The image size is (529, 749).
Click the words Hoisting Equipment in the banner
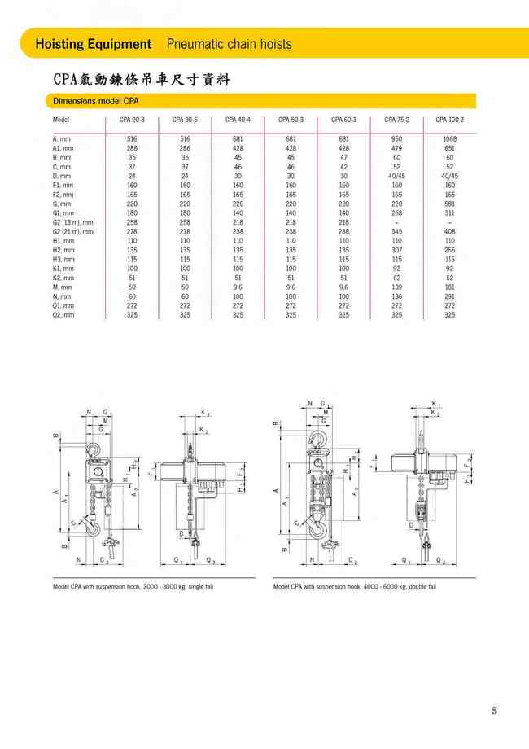pyautogui.click(x=94, y=44)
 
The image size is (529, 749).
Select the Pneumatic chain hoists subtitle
pyautogui.click(x=229, y=44)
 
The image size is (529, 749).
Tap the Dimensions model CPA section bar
pyautogui.click(x=96, y=102)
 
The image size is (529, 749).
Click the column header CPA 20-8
pyautogui.click(x=132, y=120)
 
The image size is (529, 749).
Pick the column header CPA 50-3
pyautogui.click(x=291, y=120)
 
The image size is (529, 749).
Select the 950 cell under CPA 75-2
pyautogui.click(x=396, y=139)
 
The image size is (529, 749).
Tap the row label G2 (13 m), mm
pyautogui.click(x=73, y=222)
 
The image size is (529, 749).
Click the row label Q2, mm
pyautogui.click(x=63, y=314)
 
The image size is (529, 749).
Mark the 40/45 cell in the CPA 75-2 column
pyautogui.click(x=396, y=176)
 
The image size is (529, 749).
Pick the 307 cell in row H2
pyautogui.click(x=396, y=250)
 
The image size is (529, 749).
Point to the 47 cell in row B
pyautogui.click(x=343, y=157)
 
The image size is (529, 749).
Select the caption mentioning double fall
pyautogui.click(x=354, y=586)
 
